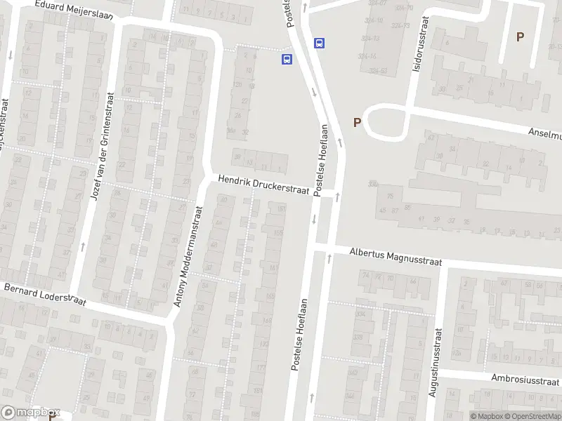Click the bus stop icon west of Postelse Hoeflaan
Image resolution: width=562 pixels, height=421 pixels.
287,60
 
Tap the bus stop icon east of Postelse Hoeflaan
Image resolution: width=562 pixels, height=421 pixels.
320,43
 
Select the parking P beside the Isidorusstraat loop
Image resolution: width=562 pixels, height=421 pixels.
357,123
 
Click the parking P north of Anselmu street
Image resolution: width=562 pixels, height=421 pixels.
520,37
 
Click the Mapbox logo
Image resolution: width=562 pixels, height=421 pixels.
30,413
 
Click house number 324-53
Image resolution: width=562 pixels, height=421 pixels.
379,71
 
